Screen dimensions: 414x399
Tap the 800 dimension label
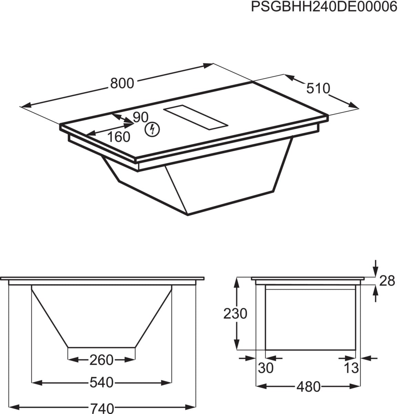[122, 83]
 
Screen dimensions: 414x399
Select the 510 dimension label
[318, 89]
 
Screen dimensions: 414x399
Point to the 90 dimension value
[140, 118]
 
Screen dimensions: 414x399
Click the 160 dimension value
[118, 137]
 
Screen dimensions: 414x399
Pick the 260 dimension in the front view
[101, 360]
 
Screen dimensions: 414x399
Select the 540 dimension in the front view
[101, 382]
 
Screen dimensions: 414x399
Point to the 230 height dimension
[236, 314]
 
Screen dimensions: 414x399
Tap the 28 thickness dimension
[387, 281]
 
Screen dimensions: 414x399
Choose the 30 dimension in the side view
[265, 368]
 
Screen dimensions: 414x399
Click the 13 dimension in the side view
[351, 368]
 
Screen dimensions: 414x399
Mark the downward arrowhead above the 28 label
[375, 273]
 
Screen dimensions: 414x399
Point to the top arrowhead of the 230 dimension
[237, 281]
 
